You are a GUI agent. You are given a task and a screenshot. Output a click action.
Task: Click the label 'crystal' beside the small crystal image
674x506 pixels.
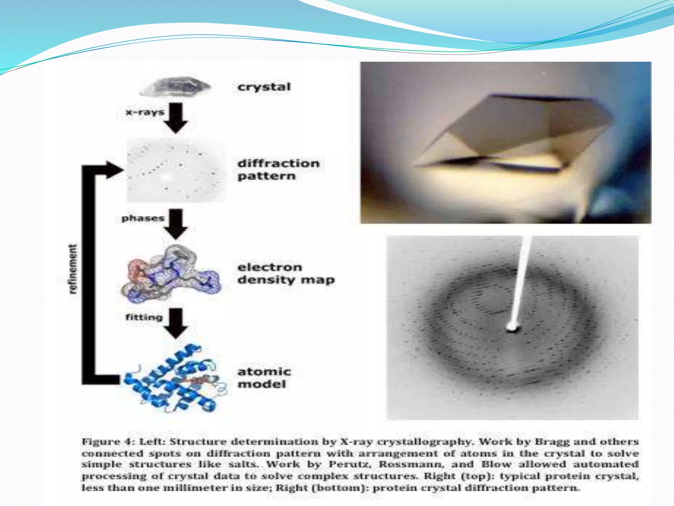point(264,87)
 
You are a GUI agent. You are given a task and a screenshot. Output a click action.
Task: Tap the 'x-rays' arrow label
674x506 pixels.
point(145,112)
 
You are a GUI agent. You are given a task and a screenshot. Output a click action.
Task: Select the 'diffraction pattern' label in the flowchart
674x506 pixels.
point(278,170)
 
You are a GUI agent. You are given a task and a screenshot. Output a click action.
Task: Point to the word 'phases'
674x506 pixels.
point(143,218)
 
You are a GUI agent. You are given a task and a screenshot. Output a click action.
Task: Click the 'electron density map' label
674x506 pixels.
point(286,273)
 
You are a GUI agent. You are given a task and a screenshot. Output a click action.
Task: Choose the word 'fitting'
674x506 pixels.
point(144,317)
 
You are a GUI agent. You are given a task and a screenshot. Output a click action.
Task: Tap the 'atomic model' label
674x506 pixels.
point(264,378)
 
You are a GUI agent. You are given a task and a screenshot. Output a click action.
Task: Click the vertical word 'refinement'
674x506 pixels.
point(73,268)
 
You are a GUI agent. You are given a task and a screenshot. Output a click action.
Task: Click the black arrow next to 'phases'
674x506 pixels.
point(177,224)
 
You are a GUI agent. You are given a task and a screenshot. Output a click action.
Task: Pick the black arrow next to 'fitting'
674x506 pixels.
point(177,323)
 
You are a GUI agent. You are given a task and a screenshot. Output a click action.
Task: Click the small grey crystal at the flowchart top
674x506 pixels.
point(175,86)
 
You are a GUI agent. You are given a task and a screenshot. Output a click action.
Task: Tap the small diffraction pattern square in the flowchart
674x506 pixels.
point(176,170)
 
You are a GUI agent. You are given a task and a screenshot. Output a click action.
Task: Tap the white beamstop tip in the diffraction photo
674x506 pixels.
point(512,327)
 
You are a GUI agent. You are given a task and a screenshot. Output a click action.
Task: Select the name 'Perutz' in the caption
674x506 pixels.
point(350,464)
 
